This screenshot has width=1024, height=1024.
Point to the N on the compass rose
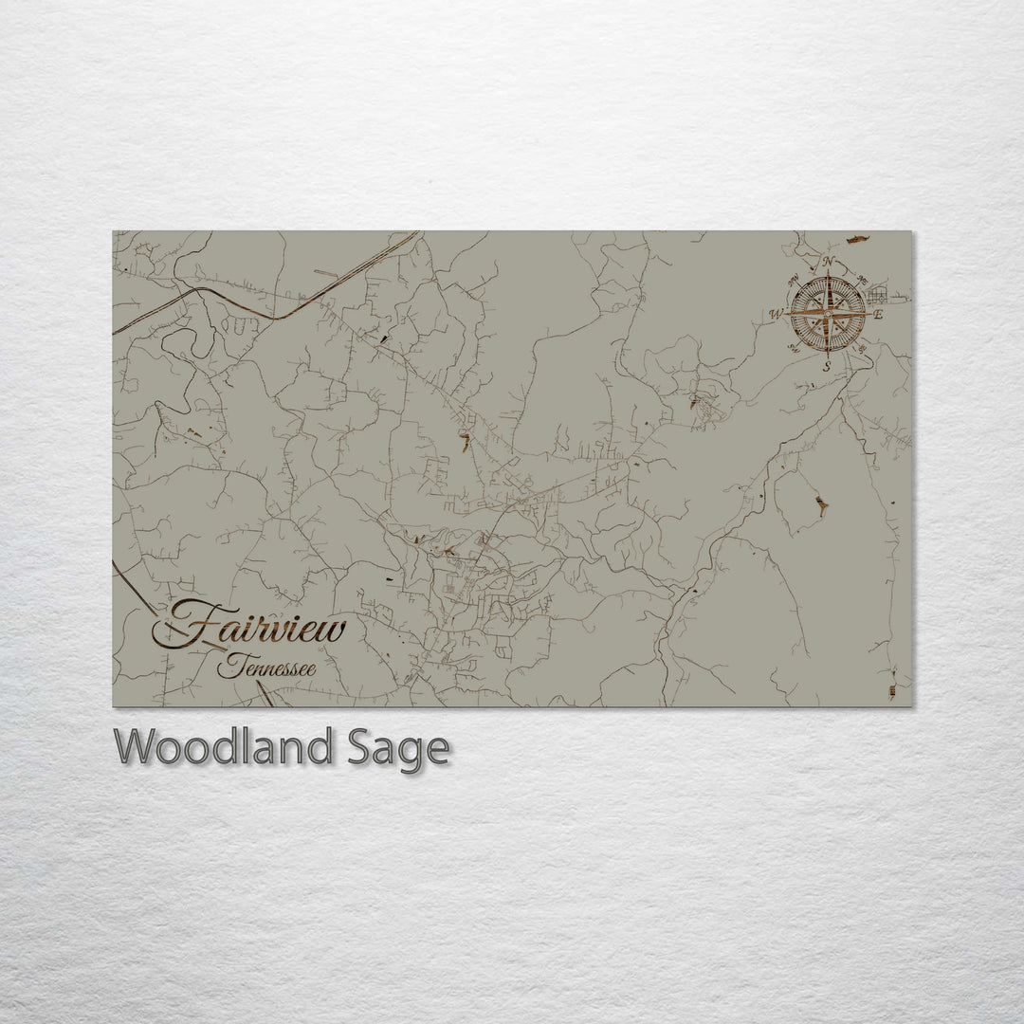[x=828, y=262]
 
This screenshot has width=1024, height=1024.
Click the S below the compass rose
[x=827, y=365]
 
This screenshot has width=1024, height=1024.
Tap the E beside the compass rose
[x=878, y=314]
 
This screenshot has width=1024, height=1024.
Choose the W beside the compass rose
[x=776, y=314]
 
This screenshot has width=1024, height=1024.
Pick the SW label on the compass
[x=793, y=348]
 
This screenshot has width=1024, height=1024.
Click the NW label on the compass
[x=793, y=278]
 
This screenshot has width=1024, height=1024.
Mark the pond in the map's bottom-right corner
[x=891, y=685]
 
